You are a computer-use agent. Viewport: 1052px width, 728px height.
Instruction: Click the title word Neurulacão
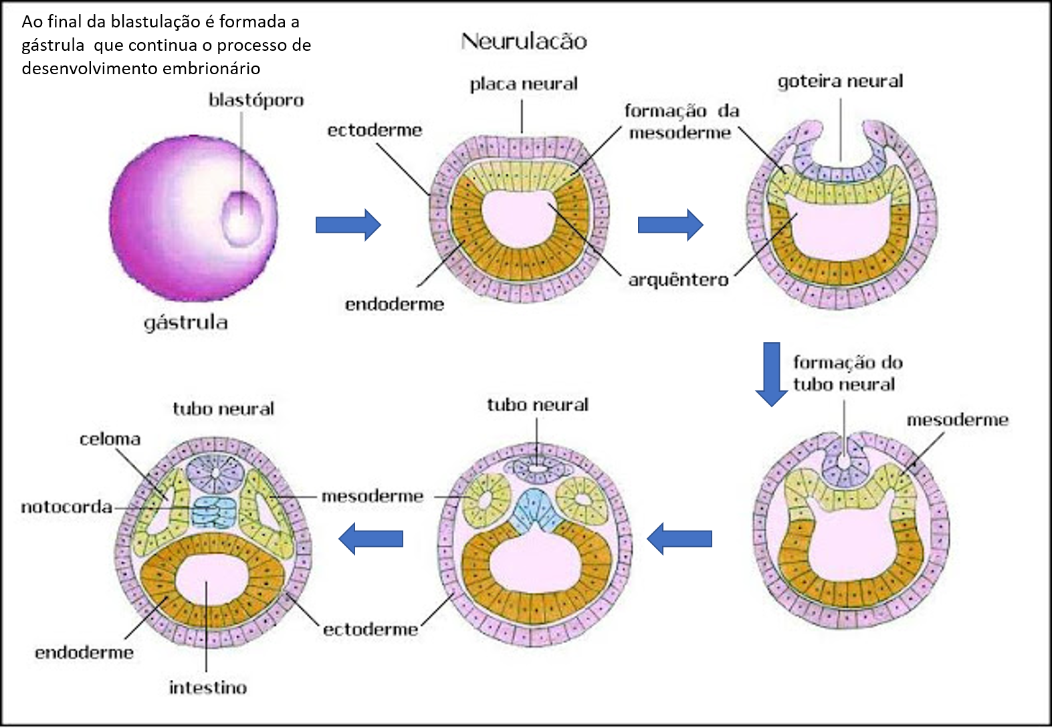524,41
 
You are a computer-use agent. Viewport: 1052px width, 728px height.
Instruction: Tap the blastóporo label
256,100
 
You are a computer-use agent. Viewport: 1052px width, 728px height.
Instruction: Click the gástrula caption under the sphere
186,323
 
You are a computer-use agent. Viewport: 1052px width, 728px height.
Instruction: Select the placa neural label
524,84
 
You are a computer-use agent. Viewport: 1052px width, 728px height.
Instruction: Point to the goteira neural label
840,82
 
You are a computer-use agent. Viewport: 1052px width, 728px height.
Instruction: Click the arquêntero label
678,279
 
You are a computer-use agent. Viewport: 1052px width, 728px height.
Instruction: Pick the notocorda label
67,507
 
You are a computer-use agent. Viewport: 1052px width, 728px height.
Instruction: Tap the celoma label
110,439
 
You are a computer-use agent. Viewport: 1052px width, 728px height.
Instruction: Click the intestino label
208,687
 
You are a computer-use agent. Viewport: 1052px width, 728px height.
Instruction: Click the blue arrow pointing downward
772,373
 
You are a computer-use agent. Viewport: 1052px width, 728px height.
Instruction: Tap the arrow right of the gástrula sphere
348,225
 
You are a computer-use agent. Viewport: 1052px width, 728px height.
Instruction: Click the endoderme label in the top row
395,304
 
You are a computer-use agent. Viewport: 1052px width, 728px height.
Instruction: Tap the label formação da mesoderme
681,122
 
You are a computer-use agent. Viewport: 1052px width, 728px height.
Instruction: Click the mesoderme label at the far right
957,420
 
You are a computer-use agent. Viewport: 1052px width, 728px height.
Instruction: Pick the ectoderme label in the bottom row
371,629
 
